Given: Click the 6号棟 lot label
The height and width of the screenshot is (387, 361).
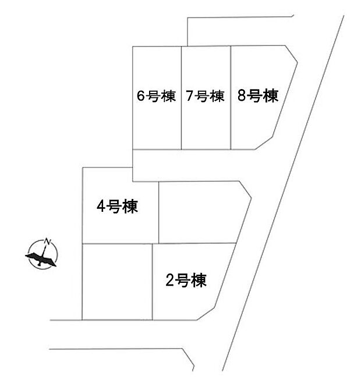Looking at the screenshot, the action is click(156, 97).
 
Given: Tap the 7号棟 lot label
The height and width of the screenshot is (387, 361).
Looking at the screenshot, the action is click(206, 97).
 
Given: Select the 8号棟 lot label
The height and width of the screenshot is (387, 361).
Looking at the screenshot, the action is click(256, 96).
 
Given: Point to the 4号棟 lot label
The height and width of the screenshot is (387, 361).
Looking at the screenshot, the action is click(118, 207).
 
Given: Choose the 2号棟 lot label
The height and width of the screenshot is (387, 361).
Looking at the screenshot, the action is click(186, 281).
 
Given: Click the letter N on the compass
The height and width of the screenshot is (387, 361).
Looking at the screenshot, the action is click(49, 242).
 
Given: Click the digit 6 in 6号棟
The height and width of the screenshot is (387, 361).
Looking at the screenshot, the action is click(140, 97).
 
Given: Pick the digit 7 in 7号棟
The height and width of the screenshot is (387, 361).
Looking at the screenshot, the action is click(190, 97).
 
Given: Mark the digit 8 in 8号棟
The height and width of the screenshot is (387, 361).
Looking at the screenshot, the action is click(241, 96).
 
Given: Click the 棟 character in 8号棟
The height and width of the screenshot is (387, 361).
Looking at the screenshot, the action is click(270, 96).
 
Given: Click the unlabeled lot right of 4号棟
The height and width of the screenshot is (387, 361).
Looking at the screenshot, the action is click(198, 212).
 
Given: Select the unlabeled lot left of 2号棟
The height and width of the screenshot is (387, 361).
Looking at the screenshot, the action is click(117, 282).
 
